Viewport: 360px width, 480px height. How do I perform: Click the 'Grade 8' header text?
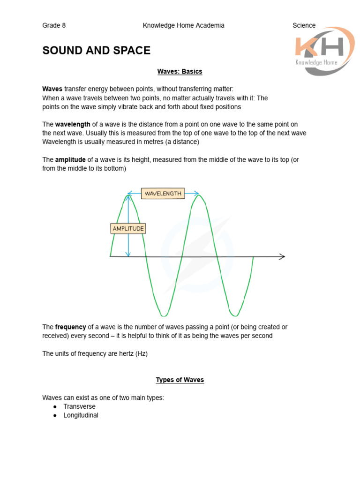click(54, 25)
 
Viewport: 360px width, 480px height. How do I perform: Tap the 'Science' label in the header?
click(304, 25)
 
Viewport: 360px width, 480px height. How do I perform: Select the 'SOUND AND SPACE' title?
click(96, 51)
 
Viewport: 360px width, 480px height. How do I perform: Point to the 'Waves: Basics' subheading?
click(180, 72)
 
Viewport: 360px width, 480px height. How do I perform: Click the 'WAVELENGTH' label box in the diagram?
click(163, 193)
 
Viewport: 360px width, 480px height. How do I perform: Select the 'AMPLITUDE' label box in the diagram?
click(128, 228)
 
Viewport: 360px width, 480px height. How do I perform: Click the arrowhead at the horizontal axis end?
click(282, 256)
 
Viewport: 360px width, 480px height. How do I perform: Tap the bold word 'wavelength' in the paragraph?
click(73, 124)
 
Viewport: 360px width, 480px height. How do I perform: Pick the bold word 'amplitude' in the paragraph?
click(70, 160)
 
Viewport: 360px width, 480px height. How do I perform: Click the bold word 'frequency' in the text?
click(70, 327)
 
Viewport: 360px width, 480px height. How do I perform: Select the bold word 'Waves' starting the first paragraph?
click(52, 89)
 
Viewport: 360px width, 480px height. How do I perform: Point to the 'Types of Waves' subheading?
click(180, 380)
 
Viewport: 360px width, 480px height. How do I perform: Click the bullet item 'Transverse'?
click(79, 406)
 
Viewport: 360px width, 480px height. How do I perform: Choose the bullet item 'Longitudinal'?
click(81, 415)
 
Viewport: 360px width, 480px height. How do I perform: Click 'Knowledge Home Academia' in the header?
click(183, 25)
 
